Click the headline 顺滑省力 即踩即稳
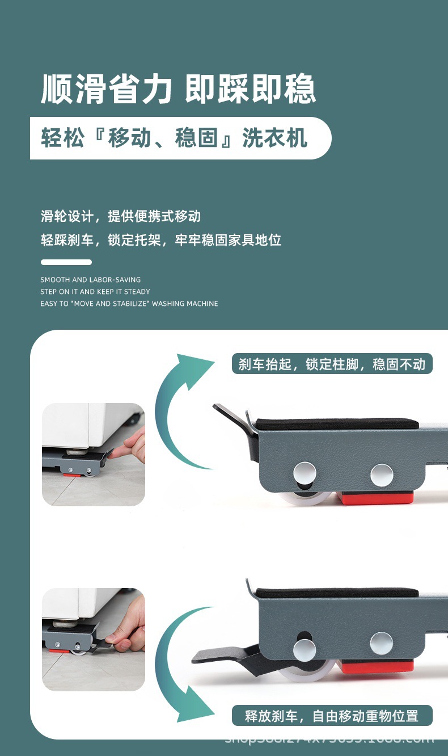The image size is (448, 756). (x=178, y=89)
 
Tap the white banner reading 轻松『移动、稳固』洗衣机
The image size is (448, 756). (x=176, y=138)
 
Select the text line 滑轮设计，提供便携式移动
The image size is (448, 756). (x=120, y=216)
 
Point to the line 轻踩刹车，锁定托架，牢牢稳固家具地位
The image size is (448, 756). (x=161, y=240)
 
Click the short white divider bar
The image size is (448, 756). (x=66, y=262)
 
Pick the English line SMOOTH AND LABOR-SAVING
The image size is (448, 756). (x=91, y=280)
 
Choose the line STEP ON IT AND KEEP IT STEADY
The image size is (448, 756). (x=95, y=292)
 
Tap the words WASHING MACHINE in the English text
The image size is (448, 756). (x=185, y=304)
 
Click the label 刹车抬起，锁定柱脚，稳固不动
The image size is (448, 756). (x=332, y=364)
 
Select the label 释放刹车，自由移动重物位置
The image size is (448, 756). (x=332, y=716)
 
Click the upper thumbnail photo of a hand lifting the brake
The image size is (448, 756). (x=94, y=454)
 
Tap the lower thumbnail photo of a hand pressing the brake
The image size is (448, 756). (x=94, y=639)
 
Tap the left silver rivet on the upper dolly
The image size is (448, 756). (x=305, y=472)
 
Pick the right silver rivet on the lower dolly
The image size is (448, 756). (x=381, y=643)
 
